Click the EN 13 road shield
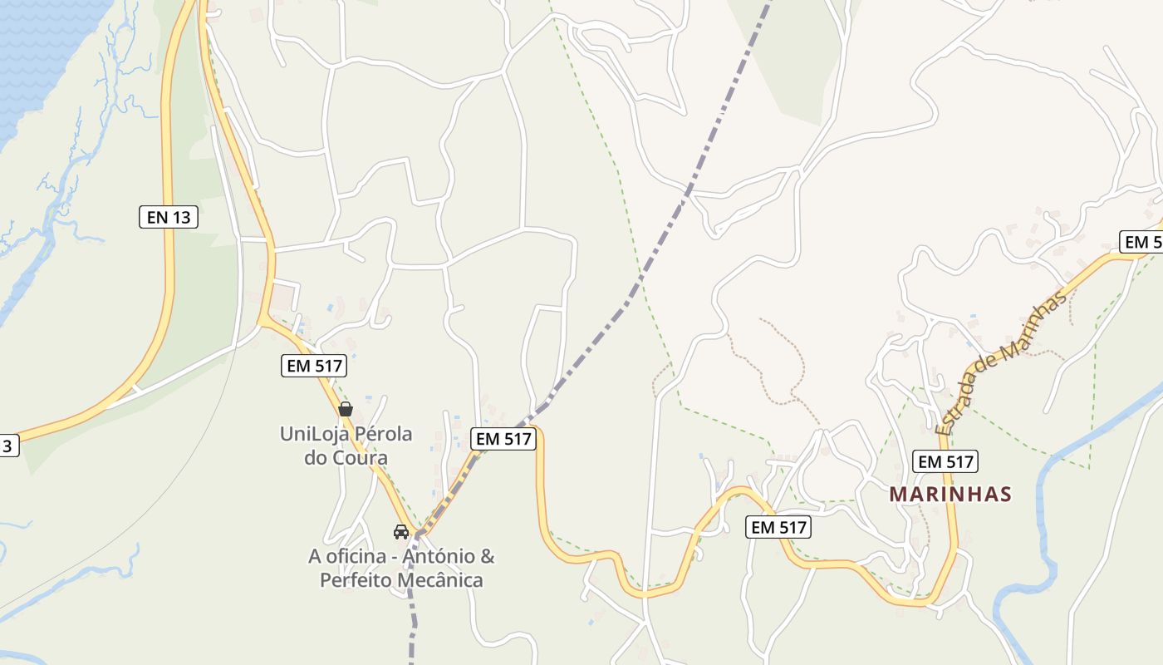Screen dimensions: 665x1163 [x=168, y=218]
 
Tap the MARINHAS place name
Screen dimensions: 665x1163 [x=950, y=495]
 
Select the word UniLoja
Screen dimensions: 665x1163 [x=314, y=434]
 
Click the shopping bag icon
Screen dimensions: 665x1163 [x=346, y=409]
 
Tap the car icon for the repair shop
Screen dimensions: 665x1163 [x=401, y=532]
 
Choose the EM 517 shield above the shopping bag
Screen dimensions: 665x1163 [x=313, y=366]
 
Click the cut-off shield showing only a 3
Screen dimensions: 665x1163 [x=7, y=446]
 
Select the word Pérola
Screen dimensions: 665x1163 [x=384, y=434]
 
